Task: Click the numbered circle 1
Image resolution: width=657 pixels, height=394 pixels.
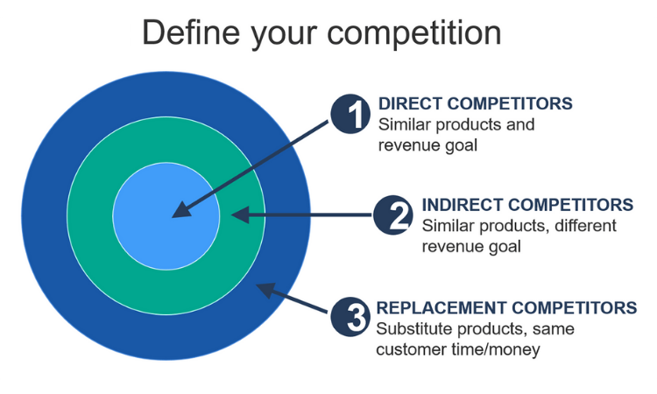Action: pyautogui.click(x=350, y=114)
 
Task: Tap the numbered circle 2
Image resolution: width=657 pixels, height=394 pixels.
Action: pyautogui.click(x=393, y=215)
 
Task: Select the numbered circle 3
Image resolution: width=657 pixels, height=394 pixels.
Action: pyautogui.click(x=350, y=317)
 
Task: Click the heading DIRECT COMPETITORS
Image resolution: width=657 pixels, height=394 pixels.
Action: pyautogui.click(x=475, y=103)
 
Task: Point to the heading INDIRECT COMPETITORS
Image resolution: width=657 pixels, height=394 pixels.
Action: pyautogui.click(x=527, y=205)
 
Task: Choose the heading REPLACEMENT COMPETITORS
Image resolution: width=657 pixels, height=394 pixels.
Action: pyautogui.click(x=506, y=307)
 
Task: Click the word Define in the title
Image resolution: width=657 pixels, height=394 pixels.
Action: pyautogui.click(x=191, y=32)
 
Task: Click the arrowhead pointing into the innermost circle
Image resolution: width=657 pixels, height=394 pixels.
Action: pyautogui.click(x=182, y=210)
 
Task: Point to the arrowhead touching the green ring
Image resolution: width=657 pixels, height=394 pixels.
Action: pyautogui.click(x=240, y=215)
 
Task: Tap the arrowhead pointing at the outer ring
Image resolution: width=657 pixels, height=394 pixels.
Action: pyautogui.click(x=265, y=290)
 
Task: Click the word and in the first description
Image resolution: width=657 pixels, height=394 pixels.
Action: pyautogui.click(x=520, y=124)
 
